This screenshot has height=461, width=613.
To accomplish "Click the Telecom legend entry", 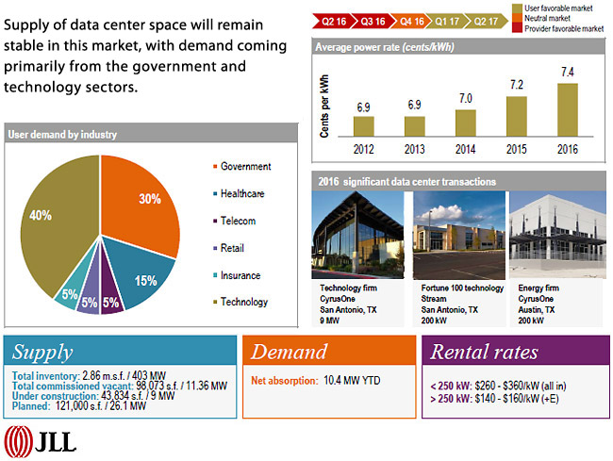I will [236, 222].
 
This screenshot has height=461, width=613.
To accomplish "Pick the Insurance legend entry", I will [240, 275].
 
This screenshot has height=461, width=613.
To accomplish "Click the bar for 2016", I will [567, 110].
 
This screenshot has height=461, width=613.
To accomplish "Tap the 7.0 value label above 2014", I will [466, 99].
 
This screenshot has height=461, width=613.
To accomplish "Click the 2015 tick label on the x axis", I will [517, 148].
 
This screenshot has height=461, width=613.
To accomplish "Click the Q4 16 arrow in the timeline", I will [411, 19].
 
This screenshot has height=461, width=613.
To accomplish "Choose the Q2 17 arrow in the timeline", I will [486, 19].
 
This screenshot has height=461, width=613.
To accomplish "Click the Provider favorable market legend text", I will [563, 29].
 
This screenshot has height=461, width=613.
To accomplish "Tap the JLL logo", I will [41, 440].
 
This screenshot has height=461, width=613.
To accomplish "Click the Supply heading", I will [42, 353].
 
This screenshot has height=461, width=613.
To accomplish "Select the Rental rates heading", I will [485, 353].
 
